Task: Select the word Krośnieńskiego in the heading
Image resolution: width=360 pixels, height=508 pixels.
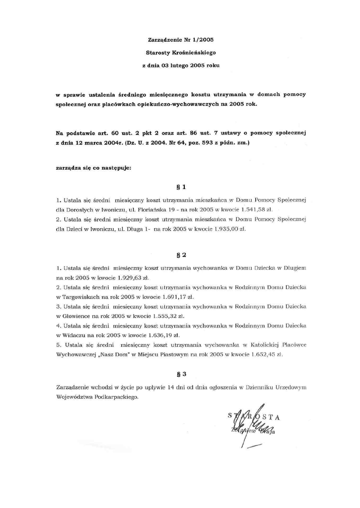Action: [x=195, y=52]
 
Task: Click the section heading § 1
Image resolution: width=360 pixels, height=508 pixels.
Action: [x=181, y=188]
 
